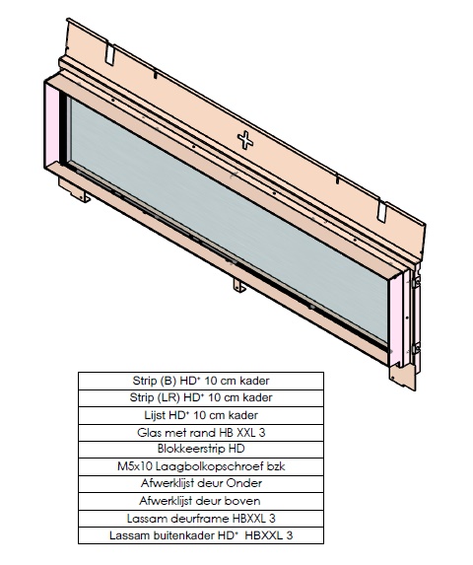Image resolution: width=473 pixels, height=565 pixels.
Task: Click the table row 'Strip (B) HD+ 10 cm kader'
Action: click(201, 381)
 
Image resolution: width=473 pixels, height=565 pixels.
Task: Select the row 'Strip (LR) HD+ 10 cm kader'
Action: click(201, 398)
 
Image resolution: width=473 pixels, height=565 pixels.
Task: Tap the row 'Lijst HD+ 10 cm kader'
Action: click(201, 415)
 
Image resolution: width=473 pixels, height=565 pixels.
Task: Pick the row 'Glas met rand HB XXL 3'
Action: click(201, 433)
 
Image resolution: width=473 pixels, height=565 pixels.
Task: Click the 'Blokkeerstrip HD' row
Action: click(201, 450)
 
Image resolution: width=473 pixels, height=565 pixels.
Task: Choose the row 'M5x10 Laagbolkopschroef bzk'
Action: click(201, 466)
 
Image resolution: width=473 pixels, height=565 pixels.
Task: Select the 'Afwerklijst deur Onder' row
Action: click(201, 483)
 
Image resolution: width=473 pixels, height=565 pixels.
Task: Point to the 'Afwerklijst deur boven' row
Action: click(201, 501)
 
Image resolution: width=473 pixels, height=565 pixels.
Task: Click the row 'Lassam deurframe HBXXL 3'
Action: click(201, 519)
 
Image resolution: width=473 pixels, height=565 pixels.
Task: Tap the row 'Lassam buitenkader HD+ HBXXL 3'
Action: click(201, 535)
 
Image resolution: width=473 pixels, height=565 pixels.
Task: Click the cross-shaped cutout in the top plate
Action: click(245, 140)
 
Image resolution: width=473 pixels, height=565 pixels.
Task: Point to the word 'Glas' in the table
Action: click(148, 432)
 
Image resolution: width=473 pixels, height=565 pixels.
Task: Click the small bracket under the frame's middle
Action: click(239, 285)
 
